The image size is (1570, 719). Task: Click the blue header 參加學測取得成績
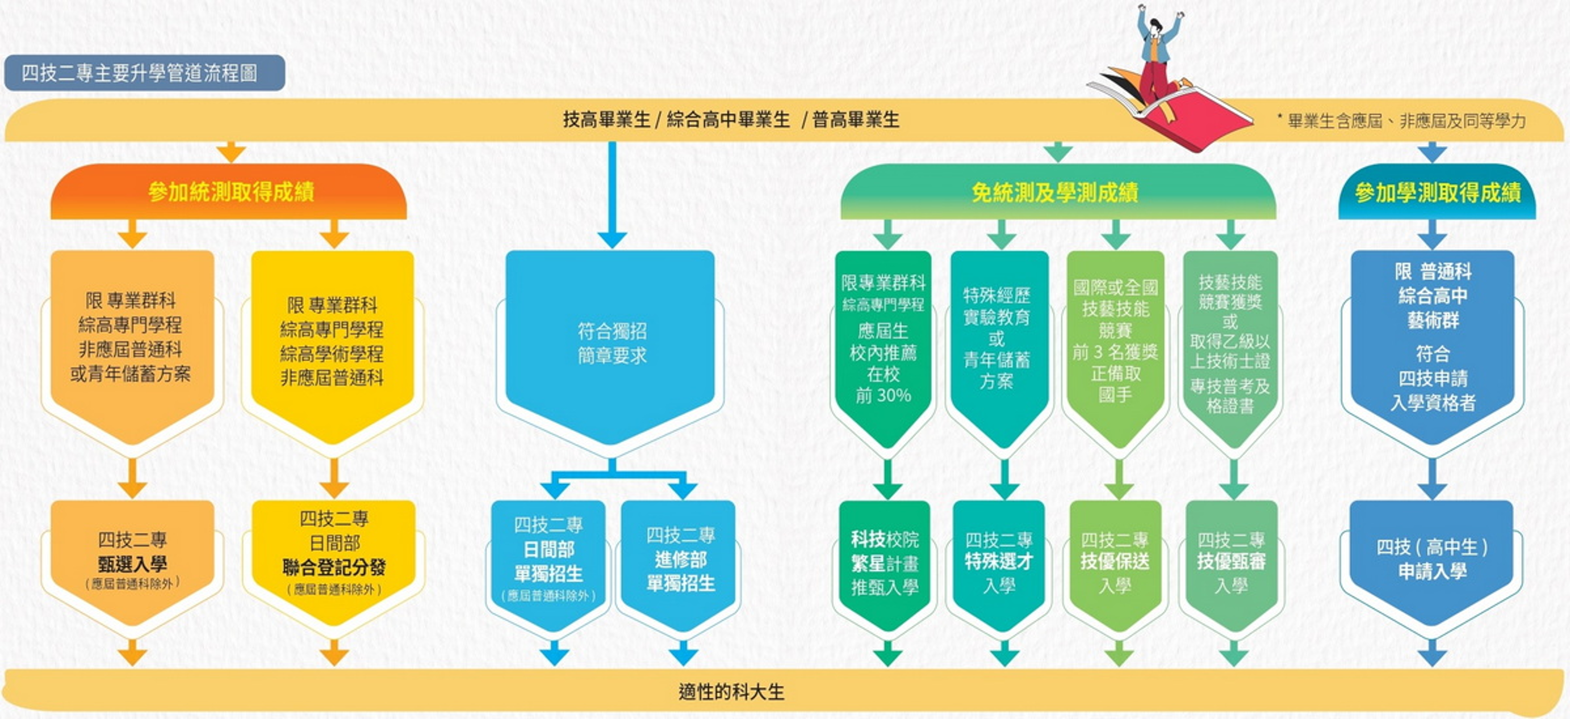(1437, 192)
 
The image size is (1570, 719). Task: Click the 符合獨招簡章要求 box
(611, 347)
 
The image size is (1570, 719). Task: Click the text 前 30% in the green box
(883, 396)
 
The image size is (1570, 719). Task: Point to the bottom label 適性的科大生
(731, 692)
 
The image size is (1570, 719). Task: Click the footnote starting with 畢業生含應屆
(1401, 121)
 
